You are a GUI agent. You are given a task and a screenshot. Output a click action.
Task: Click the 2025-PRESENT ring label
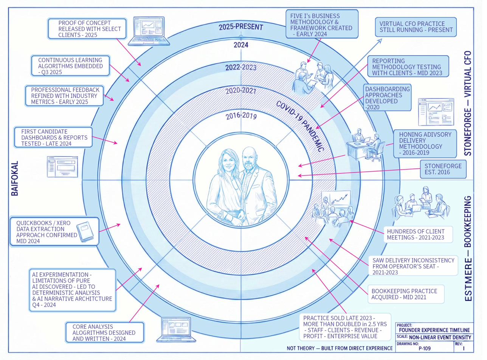click(241, 27)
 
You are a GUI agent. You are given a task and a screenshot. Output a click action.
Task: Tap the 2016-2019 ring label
click(241, 116)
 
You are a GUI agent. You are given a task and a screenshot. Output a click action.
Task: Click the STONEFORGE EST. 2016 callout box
click(443, 169)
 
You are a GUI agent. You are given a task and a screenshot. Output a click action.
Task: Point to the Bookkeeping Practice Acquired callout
click(405, 294)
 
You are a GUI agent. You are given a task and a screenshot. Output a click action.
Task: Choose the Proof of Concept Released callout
click(87, 29)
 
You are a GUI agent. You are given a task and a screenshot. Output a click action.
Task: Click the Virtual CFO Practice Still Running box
click(416, 26)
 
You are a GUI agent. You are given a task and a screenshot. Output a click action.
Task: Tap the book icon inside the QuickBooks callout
click(84, 231)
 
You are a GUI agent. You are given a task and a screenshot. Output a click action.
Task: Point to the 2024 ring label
click(241, 45)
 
